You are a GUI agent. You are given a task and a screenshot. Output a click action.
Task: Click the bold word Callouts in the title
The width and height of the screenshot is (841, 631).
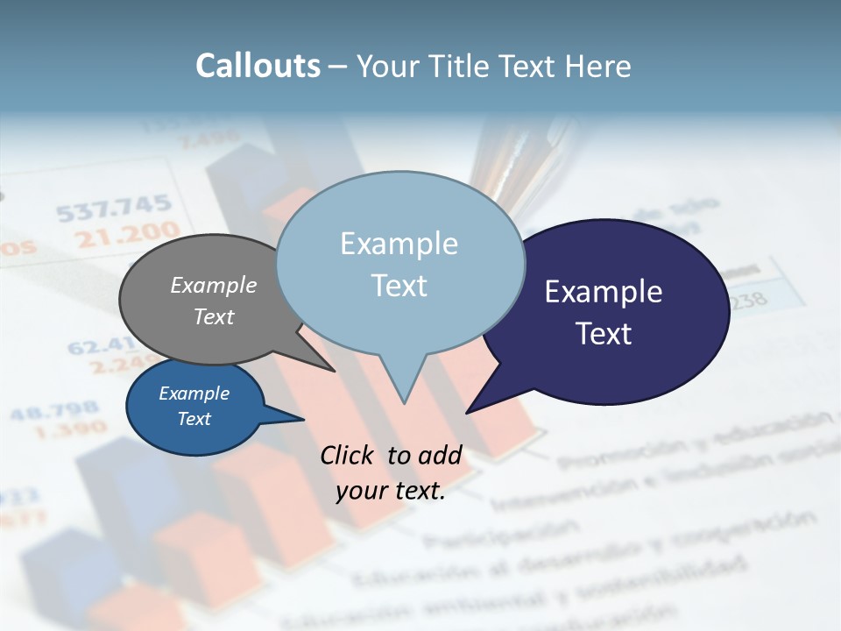coord(258,66)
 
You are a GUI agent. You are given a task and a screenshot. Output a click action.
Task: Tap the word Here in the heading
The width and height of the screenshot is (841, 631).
coord(598,66)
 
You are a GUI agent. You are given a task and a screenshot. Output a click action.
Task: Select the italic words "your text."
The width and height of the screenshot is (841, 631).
coord(391,491)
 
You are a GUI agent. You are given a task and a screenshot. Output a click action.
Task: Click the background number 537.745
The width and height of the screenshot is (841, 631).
coord(114,208)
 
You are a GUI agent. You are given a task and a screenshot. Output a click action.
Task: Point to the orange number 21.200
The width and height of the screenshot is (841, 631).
coord(126,234)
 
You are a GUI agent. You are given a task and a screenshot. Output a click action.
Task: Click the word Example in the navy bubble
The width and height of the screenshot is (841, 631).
coord(604,292)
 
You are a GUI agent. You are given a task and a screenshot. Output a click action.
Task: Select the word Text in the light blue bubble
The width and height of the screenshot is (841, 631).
coord(399,286)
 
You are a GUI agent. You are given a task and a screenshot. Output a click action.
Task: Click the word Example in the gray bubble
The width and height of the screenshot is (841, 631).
coord(214,285)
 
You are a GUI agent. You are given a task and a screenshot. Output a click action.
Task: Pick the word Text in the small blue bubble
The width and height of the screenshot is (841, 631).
coord(194,419)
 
